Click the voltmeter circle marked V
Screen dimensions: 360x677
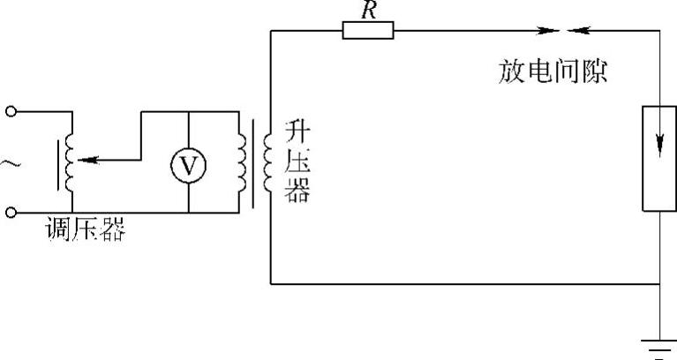(189, 163)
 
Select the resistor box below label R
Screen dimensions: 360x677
(368, 30)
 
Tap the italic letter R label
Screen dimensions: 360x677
(369, 11)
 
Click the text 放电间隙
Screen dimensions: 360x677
(552, 71)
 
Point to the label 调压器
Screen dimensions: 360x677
(87, 231)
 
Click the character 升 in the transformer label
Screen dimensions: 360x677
(298, 131)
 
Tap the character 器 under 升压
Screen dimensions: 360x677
(298, 191)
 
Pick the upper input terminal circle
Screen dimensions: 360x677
(11, 111)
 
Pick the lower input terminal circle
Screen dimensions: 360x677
(11, 213)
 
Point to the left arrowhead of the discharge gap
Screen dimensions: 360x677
(552, 30)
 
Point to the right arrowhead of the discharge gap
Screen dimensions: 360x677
(575, 30)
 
